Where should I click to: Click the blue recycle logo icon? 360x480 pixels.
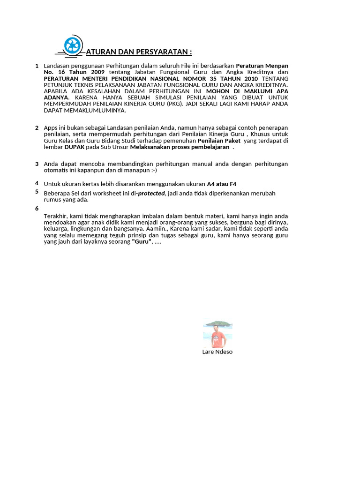[73, 45]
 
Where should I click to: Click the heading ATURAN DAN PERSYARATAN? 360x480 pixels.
[139, 52]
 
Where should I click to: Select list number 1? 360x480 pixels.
[37, 66]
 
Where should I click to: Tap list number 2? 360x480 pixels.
[37, 127]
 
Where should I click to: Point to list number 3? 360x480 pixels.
[37, 164]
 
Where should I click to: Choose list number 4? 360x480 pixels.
[37, 183]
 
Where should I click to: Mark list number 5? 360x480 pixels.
[37, 191]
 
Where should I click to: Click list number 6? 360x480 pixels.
[37, 208]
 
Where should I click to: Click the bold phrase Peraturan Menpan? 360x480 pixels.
[262, 66]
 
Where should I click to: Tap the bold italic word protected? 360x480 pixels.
[151, 193]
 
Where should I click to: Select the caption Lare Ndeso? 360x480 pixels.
[217, 352]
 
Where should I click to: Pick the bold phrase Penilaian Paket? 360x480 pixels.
[219, 140]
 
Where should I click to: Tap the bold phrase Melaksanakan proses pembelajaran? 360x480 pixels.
[180, 147]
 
